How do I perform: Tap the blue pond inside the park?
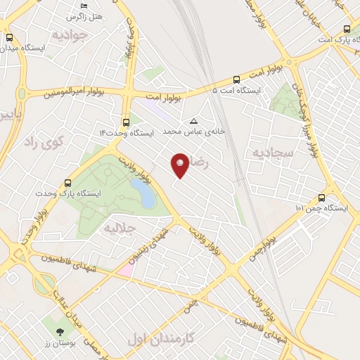coord(143,193)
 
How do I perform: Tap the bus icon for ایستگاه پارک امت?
coord(347,30)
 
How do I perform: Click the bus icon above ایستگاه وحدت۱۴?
coord(126,121)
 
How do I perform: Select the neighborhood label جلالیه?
coord(119,229)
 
